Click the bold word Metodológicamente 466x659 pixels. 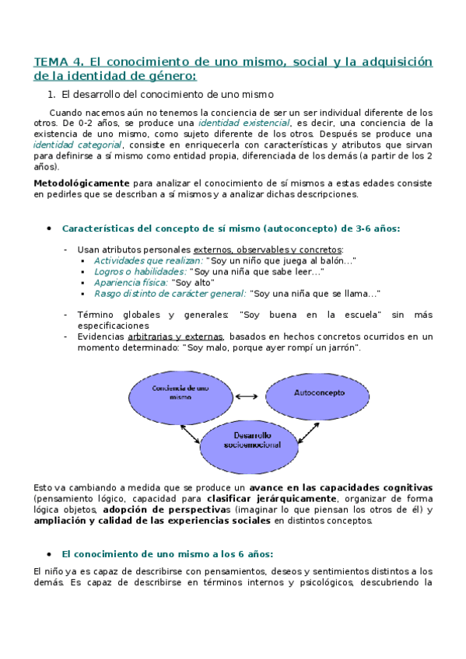click(x=76, y=183)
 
